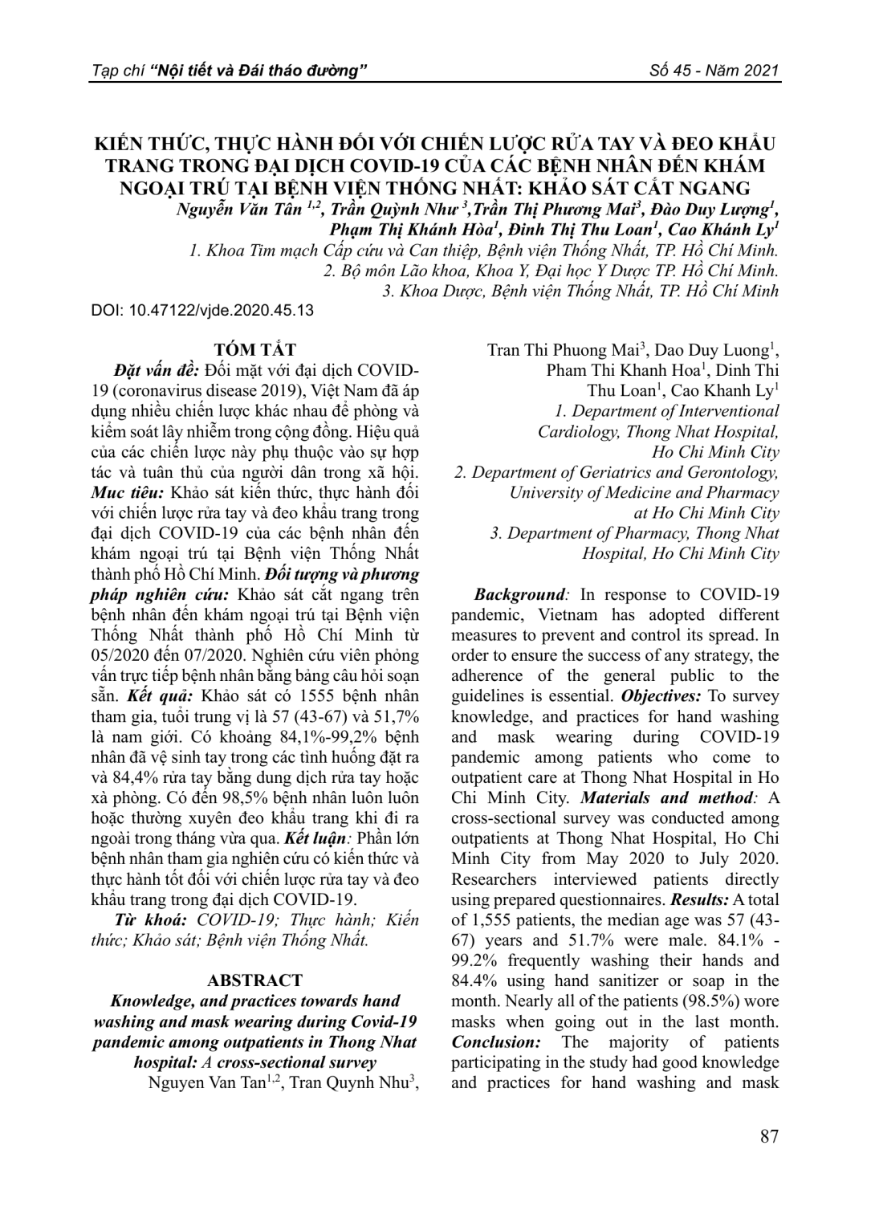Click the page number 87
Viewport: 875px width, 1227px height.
tap(768, 1136)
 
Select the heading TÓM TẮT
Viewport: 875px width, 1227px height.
tap(255, 349)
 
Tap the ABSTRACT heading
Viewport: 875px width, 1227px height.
tap(254, 980)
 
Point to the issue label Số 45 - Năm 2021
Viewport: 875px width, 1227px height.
tap(714, 71)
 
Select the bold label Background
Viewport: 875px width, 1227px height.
tap(519, 595)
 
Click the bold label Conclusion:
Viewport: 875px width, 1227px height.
tap(494, 1042)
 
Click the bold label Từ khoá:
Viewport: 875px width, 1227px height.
tap(151, 920)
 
